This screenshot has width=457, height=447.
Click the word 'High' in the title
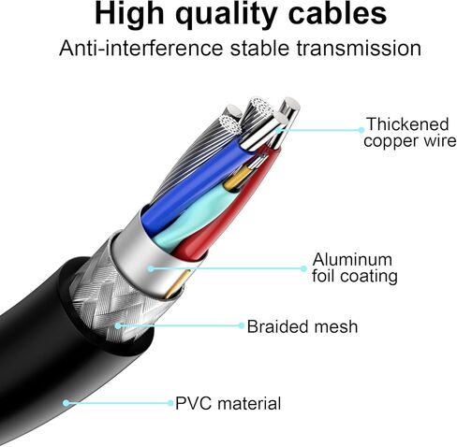129,15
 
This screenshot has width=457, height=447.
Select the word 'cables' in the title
337,14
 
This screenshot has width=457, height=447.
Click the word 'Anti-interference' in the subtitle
141,49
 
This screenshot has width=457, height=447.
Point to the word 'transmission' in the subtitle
359,49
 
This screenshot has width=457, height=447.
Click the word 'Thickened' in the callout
407,123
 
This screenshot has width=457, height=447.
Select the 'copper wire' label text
409,141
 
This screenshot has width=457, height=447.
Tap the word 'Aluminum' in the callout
352,259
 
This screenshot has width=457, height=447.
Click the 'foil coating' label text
355,277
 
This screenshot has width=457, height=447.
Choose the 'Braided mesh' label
302,326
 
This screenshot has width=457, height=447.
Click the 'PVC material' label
228,403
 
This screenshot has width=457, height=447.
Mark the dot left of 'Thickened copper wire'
361,130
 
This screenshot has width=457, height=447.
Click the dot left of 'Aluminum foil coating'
303,268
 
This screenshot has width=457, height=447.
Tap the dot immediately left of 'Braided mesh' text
242,325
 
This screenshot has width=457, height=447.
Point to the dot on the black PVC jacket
66,403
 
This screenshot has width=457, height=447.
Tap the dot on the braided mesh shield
117,325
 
